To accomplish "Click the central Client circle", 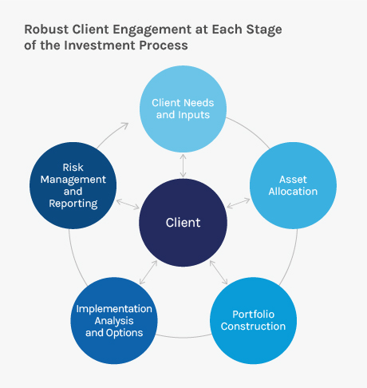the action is (x=183, y=223).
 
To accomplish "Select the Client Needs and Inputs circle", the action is (x=183, y=109).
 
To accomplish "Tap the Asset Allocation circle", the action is (x=293, y=185).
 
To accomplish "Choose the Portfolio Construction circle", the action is (x=253, y=320).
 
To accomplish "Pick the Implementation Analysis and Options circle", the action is (x=114, y=320).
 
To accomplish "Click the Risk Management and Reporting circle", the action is (x=73, y=185).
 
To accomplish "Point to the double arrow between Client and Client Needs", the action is (x=183, y=165).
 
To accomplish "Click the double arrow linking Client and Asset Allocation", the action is (x=239, y=203).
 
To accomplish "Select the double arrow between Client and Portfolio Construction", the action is (x=219, y=272).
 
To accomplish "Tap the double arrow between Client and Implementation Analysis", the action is (x=148, y=272).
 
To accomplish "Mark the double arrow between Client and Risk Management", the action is (x=128, y=204).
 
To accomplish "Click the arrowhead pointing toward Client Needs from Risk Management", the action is (x=124, y=125).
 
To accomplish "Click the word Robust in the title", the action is (x=46, y=30).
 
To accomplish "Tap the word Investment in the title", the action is (x=100, y=46).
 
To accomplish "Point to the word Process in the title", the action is (x=164, y=46).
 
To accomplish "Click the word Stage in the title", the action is (x=264, y=30).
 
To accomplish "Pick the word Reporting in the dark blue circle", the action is (x=73, y=204).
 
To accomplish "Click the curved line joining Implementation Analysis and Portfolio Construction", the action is (x=183, y=337).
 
